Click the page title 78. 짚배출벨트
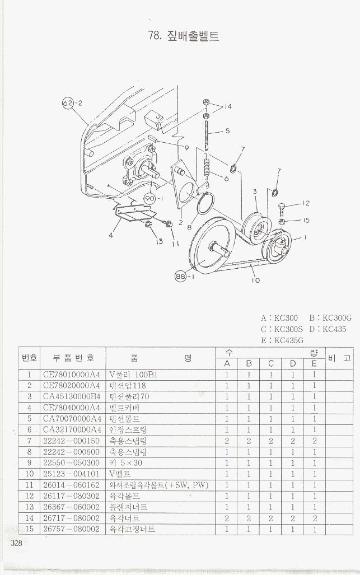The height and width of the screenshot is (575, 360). click(x=183, y=36)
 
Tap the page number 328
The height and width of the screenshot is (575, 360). click(x=16, y=543)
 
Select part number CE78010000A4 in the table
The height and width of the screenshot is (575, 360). click(x=71, y=374)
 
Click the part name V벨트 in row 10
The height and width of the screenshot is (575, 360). click(x=120, y=474)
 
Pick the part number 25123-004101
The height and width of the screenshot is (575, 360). click(x=71, y=474)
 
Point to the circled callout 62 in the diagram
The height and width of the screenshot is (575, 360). click(x=68, y=103)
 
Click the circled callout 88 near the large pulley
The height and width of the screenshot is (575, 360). click(x=180, y=277)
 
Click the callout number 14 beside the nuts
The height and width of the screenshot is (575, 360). click(x=227, y=106)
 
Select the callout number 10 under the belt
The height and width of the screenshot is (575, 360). click(x=255, y=280)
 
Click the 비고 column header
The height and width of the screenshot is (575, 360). click(x=339, y=358)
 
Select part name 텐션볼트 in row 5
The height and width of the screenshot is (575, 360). click(x=124, y=418)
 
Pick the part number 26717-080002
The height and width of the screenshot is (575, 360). click(x=71, y=518)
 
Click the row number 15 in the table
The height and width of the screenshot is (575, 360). click(x=29, y=529)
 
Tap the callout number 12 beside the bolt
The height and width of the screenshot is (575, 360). click(x=306, y=203)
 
